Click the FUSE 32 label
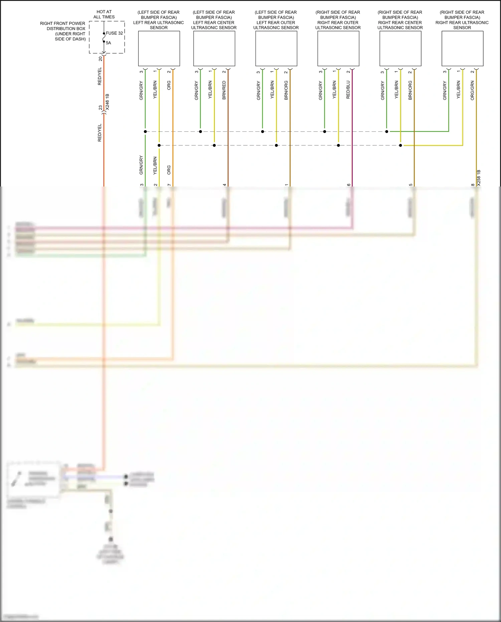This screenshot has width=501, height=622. [x=114, y=33]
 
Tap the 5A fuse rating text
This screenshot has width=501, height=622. [x=109, y=43]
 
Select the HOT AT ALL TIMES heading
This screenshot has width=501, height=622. [x=104, y=14]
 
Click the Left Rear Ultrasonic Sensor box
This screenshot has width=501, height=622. [x=159, y=48]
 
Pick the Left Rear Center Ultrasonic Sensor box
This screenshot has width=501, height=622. [x=214, y=48]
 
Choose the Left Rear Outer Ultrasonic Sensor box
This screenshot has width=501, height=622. [x=276, y=48]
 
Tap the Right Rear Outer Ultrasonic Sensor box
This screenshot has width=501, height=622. [x=338, y=48]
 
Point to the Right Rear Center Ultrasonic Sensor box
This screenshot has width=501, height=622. [x=400, y=48]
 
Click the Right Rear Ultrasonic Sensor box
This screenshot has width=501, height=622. [x=462, y=48]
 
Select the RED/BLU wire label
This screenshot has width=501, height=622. [x=348, y=90]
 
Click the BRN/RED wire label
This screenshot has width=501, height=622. [x=224, y=90]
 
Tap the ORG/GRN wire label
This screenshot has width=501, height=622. [x=472, y=91]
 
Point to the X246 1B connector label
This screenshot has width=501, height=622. [x=107, y=102]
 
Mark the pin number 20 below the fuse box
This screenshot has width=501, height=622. [x=100, y=59]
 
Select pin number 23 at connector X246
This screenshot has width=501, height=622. [x=100, y=108]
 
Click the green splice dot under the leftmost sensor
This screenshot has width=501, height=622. [x=145, y=132]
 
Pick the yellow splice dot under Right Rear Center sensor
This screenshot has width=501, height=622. [x=400, y=145]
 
